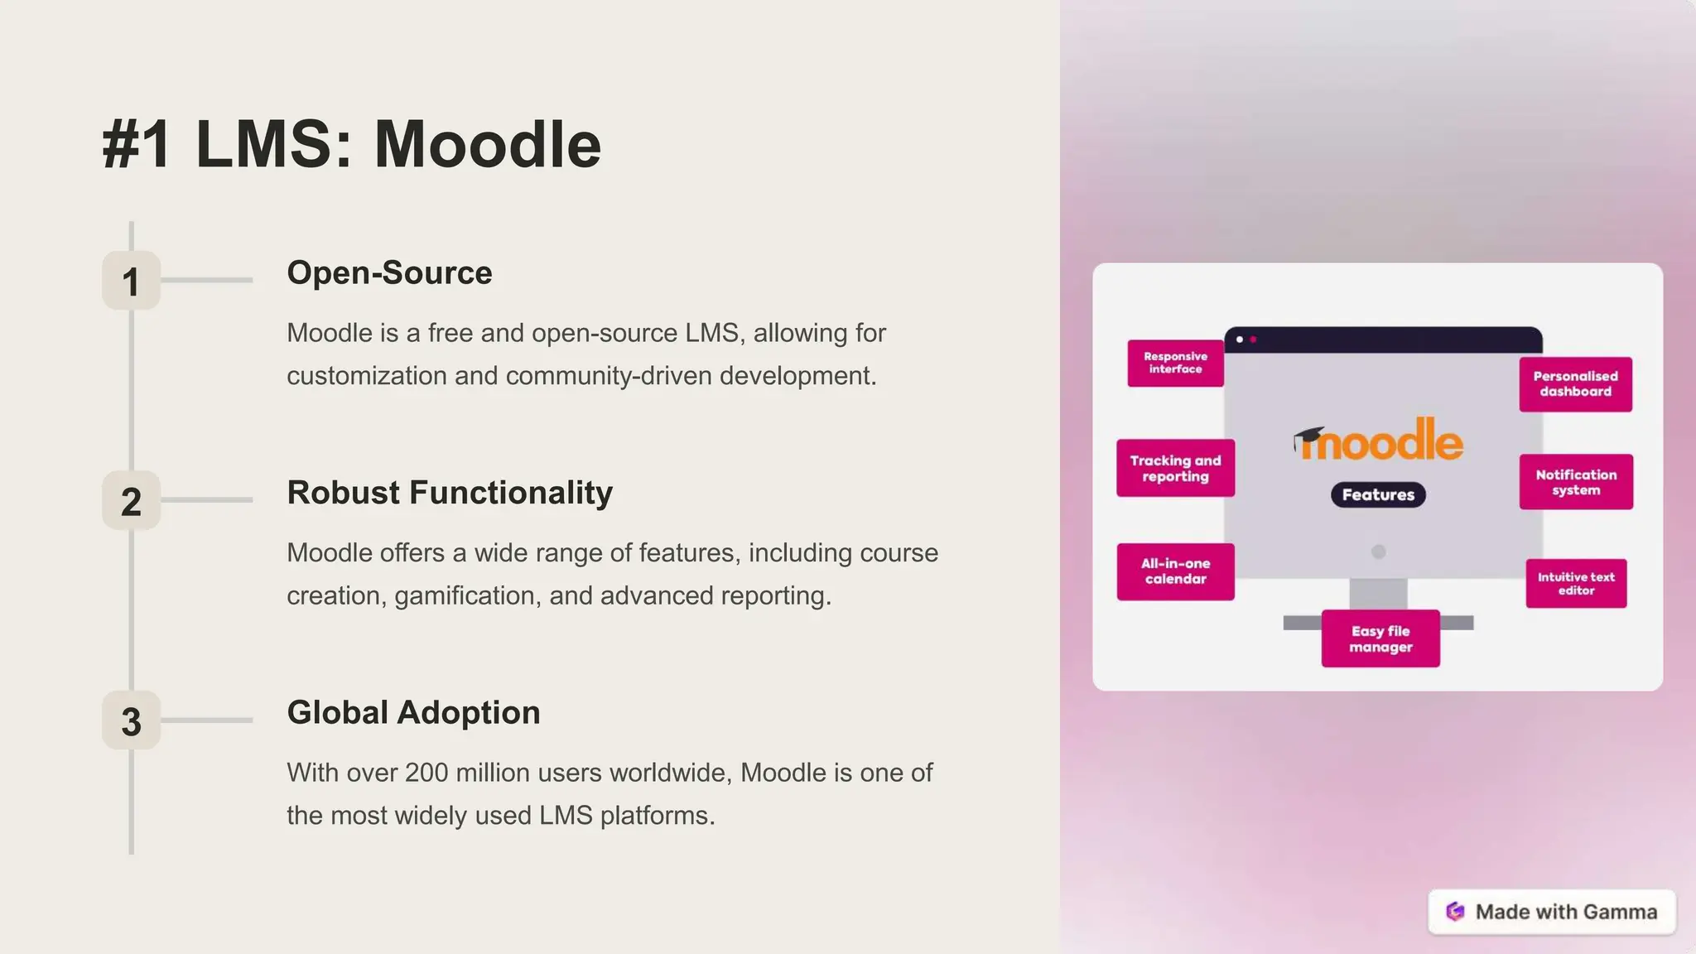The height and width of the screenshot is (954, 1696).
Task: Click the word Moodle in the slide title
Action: click(487, 145)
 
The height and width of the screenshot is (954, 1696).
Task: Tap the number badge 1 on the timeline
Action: click(131, 282)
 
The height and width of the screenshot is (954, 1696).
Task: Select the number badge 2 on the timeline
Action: click(131, 502)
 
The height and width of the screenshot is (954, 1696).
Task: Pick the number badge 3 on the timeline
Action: click(131, 721)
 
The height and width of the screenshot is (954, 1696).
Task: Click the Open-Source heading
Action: click(389, 273)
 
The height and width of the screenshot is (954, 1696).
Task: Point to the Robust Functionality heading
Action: click(450, 493)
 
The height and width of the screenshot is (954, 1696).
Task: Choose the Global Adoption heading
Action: click(413, 713)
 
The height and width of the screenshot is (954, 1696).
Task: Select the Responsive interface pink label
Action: click(1175, 364)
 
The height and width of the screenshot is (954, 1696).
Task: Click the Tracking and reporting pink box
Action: click(1175, 469)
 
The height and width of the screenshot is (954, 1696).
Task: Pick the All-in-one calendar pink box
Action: click(1175, 571)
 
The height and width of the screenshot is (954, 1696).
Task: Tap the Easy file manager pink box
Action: click(1380, 639)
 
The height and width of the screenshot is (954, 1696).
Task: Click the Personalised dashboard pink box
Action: click(1575, 384)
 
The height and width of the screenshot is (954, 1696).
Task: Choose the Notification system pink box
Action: click(1576, 482)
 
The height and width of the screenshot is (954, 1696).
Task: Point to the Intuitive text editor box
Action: click(1576, 584)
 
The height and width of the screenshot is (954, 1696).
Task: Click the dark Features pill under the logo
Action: click(1378, 495)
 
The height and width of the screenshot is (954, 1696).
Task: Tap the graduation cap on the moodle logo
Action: click(1308, 437)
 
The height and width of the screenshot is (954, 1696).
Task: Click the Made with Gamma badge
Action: click(1552, 912)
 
